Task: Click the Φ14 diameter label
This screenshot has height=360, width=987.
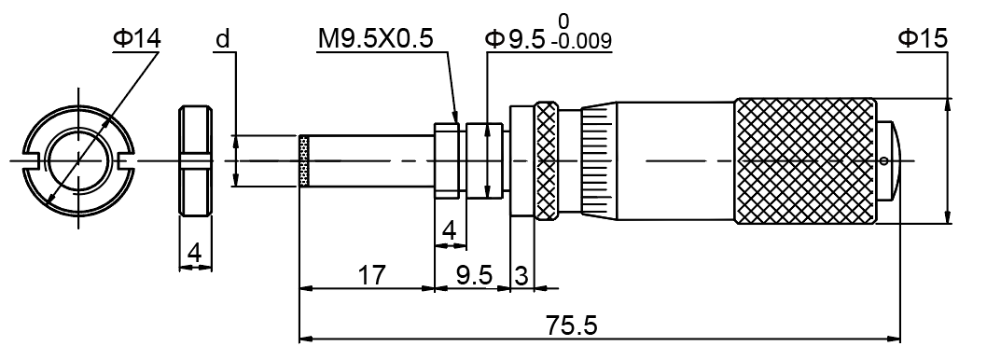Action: [x=136, y=39]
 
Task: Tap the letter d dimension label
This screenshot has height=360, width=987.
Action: [x=223, y=39]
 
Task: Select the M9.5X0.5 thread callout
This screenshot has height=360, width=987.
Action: [x=376, y=39]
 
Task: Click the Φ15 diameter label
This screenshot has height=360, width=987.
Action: [x=923, y=39]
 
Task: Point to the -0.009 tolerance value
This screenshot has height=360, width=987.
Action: [x=580, y=42]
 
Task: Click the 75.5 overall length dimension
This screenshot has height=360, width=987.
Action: [x=572, y=326]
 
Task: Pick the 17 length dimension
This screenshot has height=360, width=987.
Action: [x=371, y=276]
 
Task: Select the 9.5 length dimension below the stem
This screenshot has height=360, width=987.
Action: [x=474, y=276]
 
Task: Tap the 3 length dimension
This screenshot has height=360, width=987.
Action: [x=521, y=276]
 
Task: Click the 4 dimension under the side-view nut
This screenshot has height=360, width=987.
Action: [x=194, y=254]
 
